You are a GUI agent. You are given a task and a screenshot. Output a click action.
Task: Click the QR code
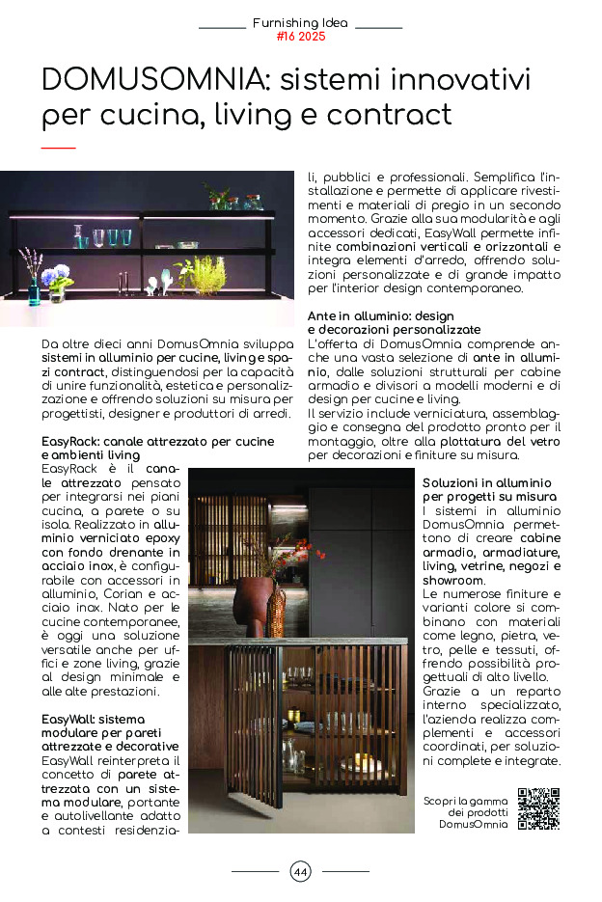pyautogui.click(x=538, y=808)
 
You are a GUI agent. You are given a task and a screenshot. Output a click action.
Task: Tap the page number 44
pyautogui.click(x=300, y=872)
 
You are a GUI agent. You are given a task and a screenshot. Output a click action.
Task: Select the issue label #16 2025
pyautogui.click(x=300, y=37)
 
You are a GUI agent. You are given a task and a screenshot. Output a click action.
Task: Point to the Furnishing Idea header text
pyautogui.click(x=300, y=22)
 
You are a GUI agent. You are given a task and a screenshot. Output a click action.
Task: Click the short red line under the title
pyautogui.click(x=58, y=148)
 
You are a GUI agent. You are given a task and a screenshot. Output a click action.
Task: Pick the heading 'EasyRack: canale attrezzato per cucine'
pyautogui.click(x=158, y=441)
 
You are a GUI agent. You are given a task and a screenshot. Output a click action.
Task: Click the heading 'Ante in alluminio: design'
pyautogui.click(x=380, y=315)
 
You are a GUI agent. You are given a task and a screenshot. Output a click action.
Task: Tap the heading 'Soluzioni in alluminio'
pyautogui.click(x=487, y=481)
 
